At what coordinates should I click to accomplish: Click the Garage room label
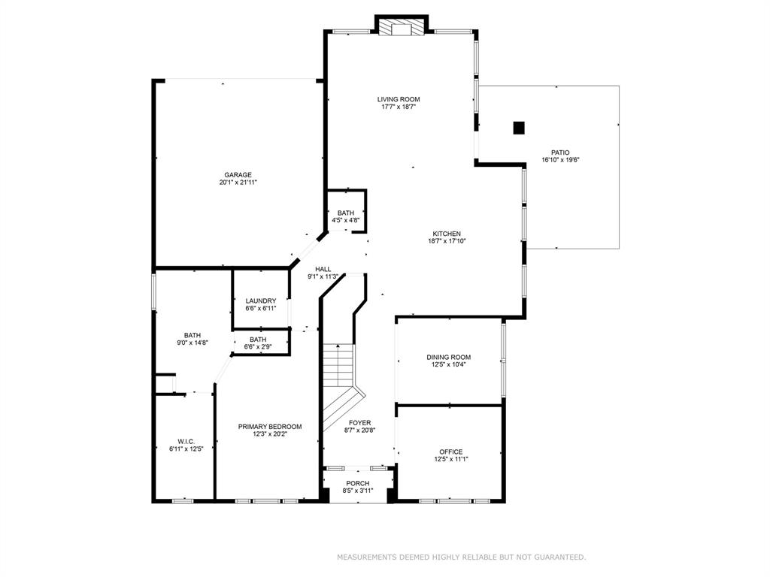(x=238, y=174)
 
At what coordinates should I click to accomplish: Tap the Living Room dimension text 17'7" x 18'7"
(x=399, y=107)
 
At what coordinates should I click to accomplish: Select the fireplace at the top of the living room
(x=402, y=28)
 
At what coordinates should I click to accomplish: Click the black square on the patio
(x=519, y=128)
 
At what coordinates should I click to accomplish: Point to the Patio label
(x=560, y=153)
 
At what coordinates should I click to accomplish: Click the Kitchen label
(x=447, y=234)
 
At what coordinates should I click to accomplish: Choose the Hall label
(x=323, y=269)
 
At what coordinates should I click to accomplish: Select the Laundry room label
(x=261, y=301)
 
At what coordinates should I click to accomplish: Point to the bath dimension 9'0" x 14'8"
(x=192, y=343)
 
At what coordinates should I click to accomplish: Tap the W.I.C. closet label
(x=186, y=442)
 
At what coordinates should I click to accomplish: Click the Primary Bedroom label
(x=270, y=427)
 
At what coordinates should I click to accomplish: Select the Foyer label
(x=360, y=423)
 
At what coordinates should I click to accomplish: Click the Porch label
(x=358, y=483)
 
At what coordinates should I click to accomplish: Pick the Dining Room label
(x=449, y=357)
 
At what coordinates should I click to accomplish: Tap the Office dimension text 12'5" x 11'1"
(x=451, y=459)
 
